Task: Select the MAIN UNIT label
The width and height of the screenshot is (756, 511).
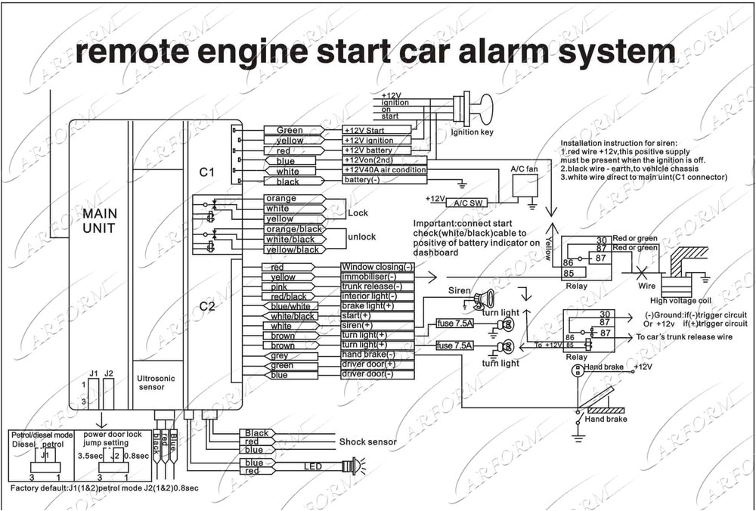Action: pos(99,220)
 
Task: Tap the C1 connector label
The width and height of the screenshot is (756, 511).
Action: pos(207,172)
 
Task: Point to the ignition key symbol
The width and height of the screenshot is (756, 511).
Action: pos(472,108)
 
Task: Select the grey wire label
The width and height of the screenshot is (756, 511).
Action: pos(280,355)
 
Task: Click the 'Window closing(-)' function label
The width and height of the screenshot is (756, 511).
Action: pos(377,267)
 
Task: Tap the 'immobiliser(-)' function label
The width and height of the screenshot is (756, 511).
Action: pos(370,277)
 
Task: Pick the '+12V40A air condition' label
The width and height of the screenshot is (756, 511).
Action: pos(385,170)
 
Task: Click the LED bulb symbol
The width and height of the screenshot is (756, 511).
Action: pos(352,466)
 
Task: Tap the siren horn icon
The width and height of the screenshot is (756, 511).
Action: pos(483,299)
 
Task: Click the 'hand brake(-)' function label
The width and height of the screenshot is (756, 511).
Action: pos(368,355)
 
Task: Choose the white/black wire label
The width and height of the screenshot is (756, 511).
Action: pos(291,316)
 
